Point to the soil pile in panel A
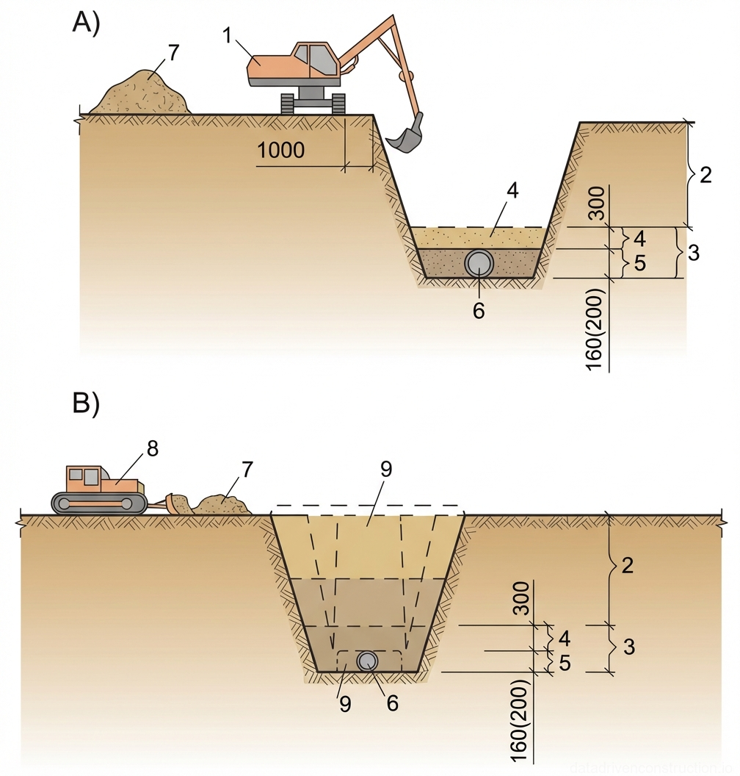click(140, 93)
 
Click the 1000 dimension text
click(281, 151)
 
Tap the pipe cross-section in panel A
click(479, 263)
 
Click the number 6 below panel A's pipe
click(478, 312)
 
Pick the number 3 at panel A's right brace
click(693, 254)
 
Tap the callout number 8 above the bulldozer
click(152, 450)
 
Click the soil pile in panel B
click(220, 503)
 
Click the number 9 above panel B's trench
click(385, 472)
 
